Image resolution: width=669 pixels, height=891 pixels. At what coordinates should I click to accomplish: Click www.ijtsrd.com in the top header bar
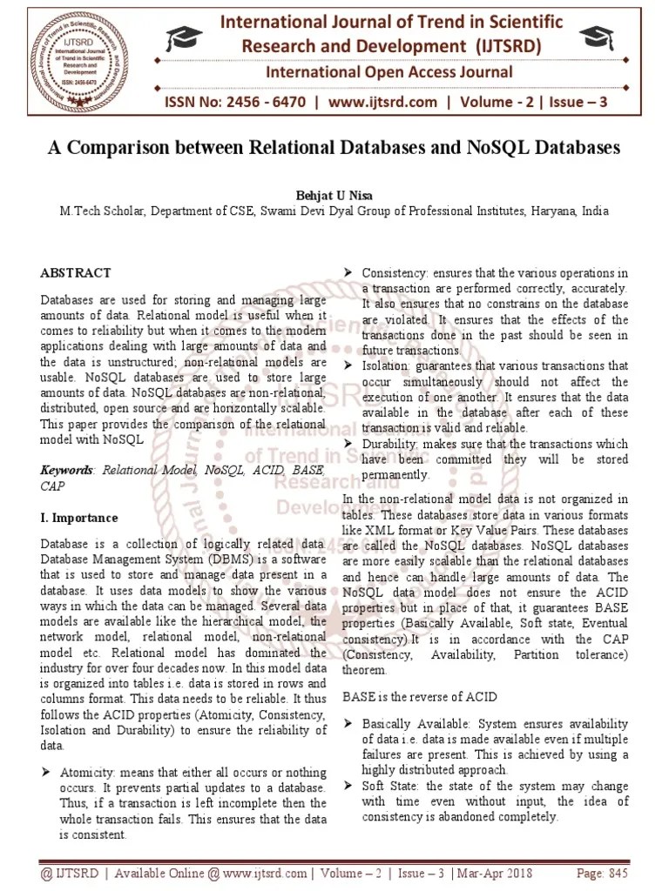coord(383,103)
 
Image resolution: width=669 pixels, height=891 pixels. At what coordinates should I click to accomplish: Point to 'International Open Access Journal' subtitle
coord(389,71)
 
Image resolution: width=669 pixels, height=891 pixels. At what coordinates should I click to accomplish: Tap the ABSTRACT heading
coord(76,272)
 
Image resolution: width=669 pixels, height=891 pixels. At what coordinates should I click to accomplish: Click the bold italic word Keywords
coord(67,470)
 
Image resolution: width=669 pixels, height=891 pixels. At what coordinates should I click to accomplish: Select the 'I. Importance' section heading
coord(79,518)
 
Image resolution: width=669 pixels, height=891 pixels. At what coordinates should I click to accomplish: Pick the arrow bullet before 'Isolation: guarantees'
coord(348,366)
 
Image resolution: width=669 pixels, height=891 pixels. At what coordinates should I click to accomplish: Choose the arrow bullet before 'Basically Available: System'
coord(348,724)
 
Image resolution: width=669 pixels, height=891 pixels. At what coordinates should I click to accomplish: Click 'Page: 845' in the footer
coord(603,873)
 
